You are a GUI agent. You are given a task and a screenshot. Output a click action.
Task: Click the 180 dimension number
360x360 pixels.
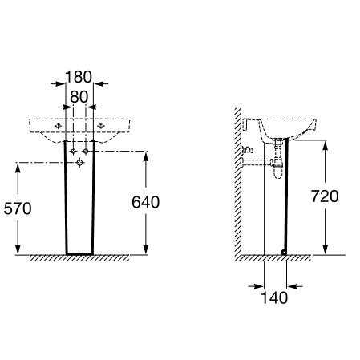click(x=79, y=77)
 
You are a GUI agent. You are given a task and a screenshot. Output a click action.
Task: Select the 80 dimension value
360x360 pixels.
click(x=79, y=97)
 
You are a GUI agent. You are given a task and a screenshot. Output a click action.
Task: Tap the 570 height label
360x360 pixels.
click(x=18, y=208)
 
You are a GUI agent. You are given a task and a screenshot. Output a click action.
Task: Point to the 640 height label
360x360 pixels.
click(x=145, y=202)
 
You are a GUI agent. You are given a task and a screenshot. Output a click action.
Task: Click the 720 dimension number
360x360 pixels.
click(x=325, y=196)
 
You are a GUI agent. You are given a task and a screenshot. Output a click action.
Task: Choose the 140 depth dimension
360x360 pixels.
click(x=274, y=297)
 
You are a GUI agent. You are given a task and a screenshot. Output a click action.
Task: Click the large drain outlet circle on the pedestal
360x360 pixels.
click(x=79, y=163)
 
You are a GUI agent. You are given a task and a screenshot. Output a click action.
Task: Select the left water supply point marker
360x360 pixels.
click(x=73, y=152)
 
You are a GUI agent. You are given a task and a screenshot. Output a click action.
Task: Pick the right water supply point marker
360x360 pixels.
click(x=86, y=152)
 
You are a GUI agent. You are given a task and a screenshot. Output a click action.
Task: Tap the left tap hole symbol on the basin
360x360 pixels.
click(x=58, y=126)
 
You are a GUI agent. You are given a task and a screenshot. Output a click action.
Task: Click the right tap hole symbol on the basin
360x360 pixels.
click(x=101, y=126)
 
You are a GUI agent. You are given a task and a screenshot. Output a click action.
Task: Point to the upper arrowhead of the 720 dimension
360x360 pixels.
click(x=325, y=146)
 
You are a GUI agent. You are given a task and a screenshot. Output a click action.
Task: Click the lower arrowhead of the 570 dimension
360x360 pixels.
click(x=18, y=249)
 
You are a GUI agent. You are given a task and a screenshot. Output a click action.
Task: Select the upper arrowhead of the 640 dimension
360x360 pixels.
click(x=146, y=157)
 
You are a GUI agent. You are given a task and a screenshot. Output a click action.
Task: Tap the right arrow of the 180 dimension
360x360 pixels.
click(x=101, y=84)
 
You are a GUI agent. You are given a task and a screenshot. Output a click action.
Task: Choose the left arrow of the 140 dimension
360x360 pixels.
click(x=256, y=286)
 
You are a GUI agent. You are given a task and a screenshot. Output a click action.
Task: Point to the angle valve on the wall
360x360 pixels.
click(x=247, y=150)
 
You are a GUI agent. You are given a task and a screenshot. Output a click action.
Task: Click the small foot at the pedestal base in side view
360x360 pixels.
click(x=284, y=252)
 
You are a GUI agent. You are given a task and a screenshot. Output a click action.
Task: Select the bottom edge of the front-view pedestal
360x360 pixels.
click(x=79, y=253)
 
